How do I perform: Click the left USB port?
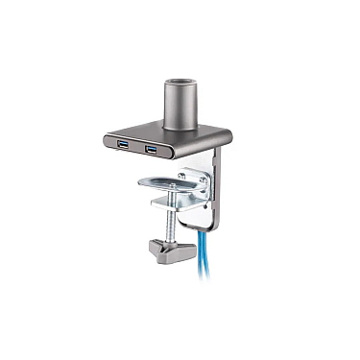(123, 144)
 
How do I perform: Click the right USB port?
(152, 150)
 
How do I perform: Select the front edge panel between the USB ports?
(137, 147)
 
